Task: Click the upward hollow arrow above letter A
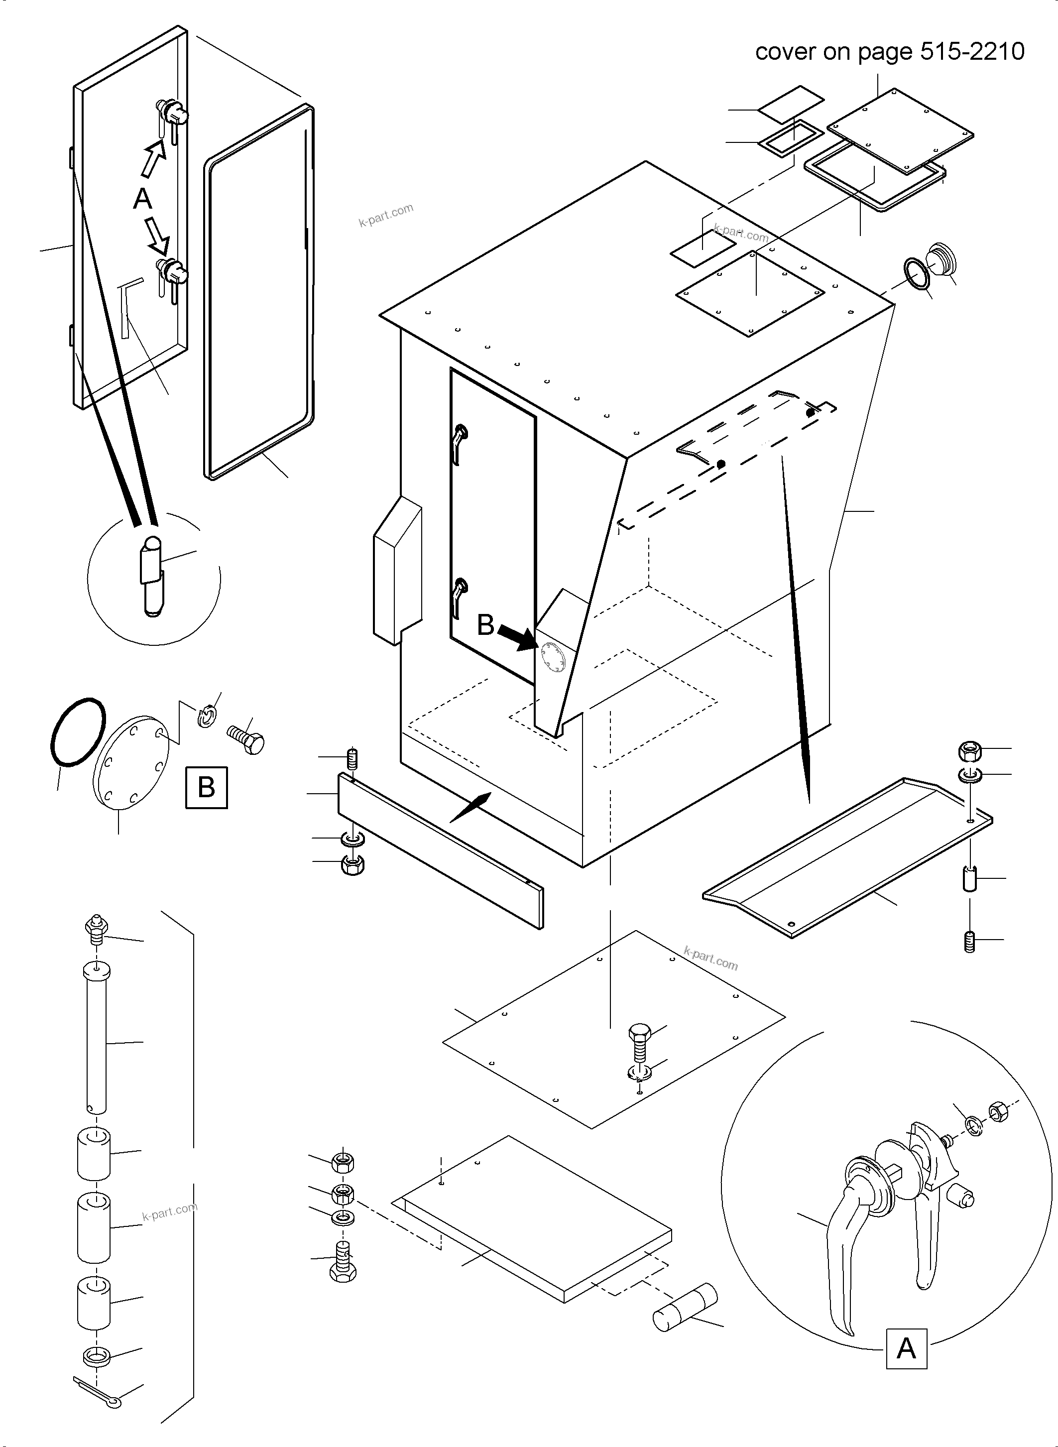point(152,158)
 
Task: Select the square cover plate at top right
point(899,130)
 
